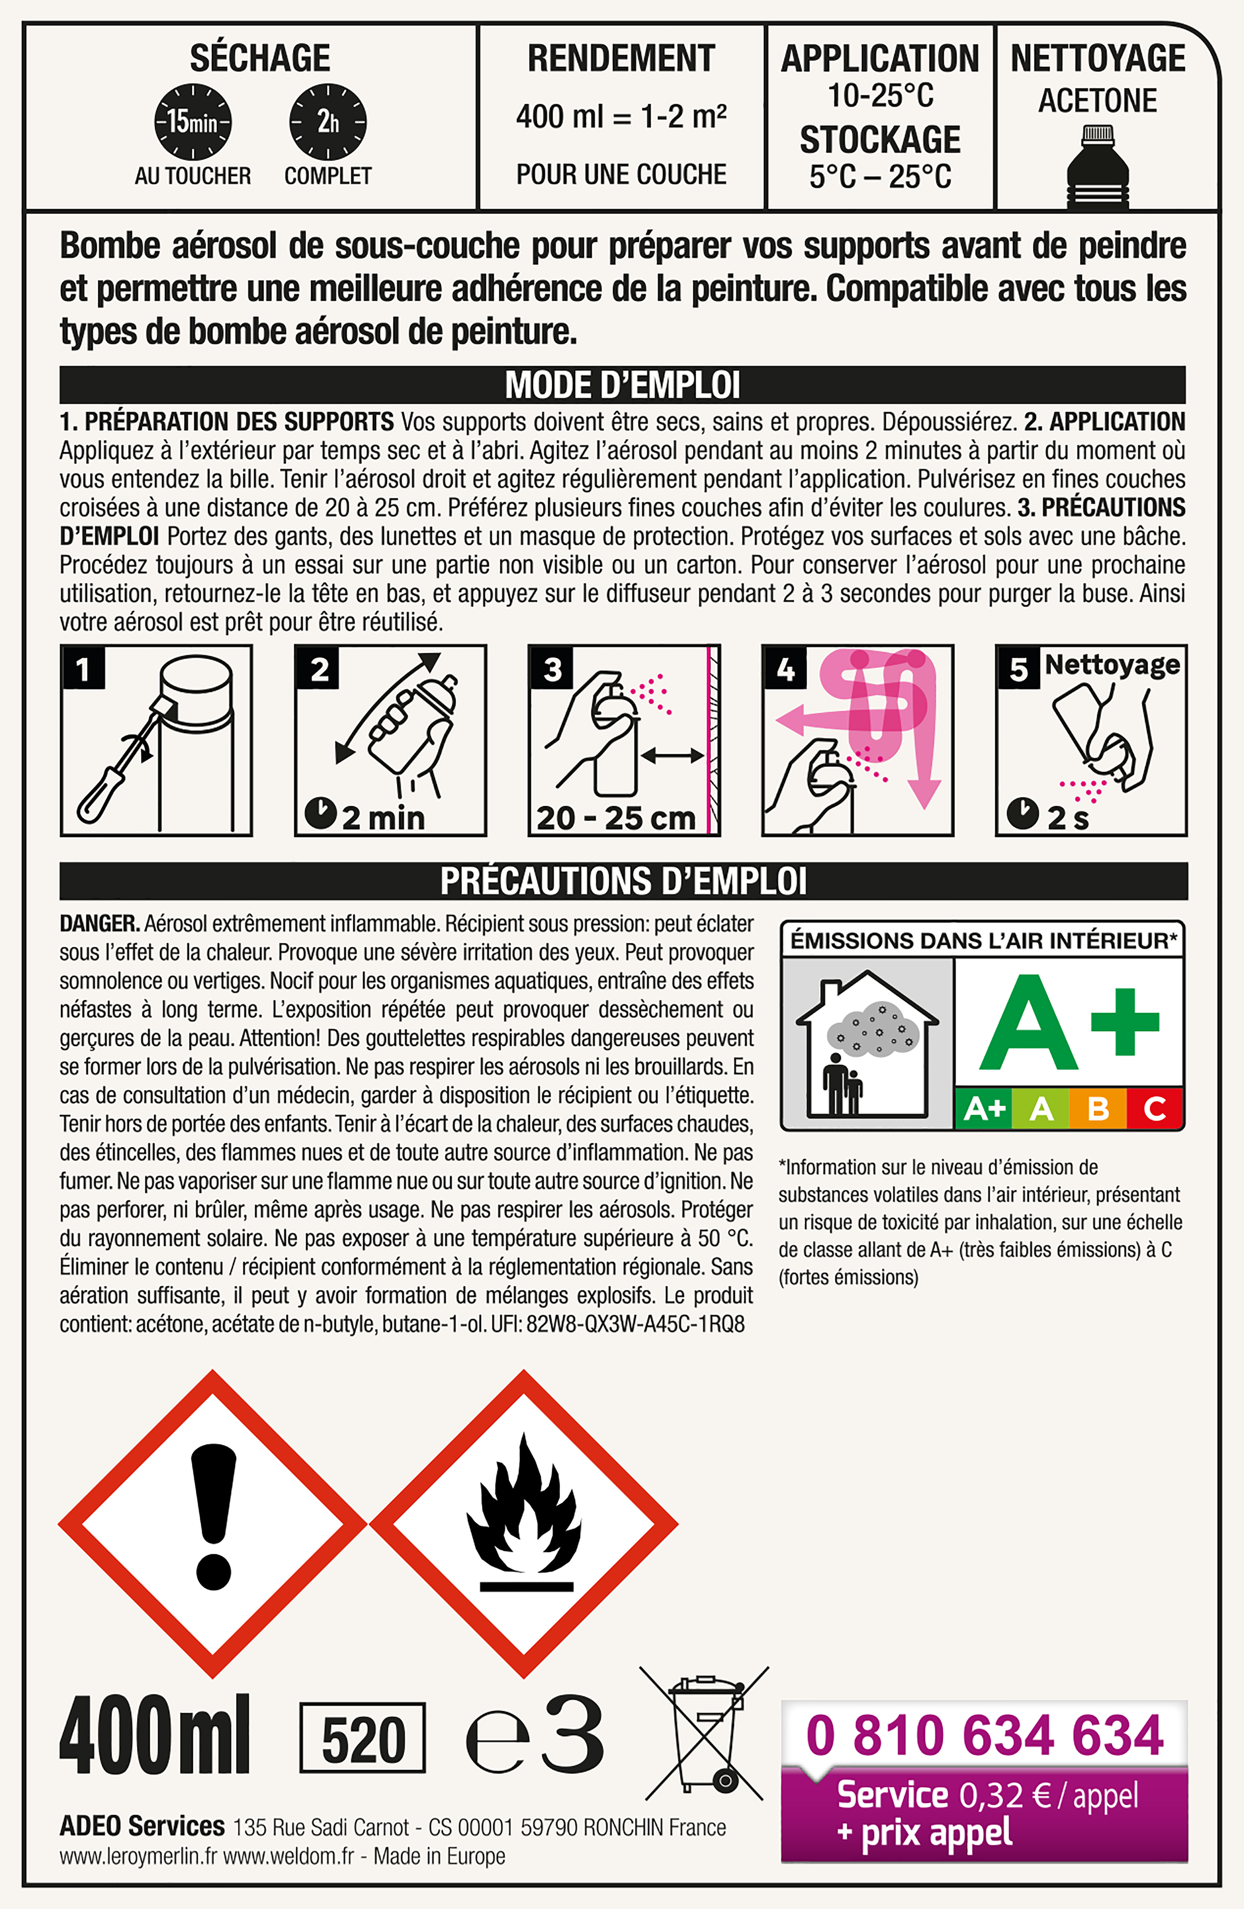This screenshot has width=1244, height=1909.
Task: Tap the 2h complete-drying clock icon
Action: pyautogui.click(x=328, y=122)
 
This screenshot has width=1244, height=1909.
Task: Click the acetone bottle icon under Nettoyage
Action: pyautogui.click(x=1098, y=167)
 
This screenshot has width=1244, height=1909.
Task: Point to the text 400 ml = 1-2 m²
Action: pyautogui.click(x=622, y=117)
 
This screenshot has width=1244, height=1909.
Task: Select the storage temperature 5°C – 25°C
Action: pyautogui.click(x=880, y=176)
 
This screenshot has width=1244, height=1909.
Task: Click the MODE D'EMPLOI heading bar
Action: pyautogui.click(x=622, y=385)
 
